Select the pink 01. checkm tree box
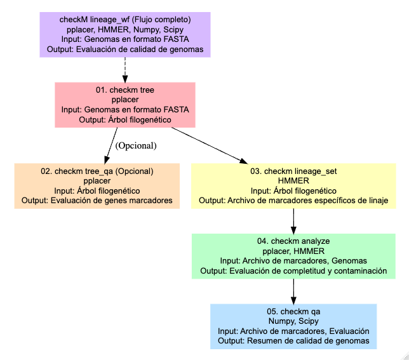pyautogui.click(x=124, y=105)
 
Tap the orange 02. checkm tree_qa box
pyautogui.click(x=97, y=186)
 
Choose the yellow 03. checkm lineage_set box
pyautogui.click(x=293, y=186)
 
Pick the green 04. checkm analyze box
pyautogui.click(x=293, y=256)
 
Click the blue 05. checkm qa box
pyautogui.click(x=293, y=326)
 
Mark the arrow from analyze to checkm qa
pyautogui.click(x=293, y=291)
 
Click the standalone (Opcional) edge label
pyautogui.click(x=136, y=145)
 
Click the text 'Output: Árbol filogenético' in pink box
pyautogui.click(x=124, y=119)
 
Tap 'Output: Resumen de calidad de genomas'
pyautogui.click(x=293, y=341)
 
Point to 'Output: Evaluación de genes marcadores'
pyautogui.click(x=97, y=201)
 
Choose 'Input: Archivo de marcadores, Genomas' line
pyautogui.click(x=293, y=261)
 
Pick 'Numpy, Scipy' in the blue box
pyautogui.click(x=293, y=321)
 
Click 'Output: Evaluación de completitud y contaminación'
pyautogui.click(x=293, y=271)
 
